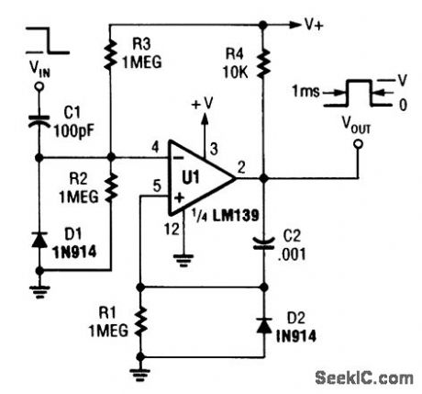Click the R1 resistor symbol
click(139, 323)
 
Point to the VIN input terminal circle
click(39, 90)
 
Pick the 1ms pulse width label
click(308, 93)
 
